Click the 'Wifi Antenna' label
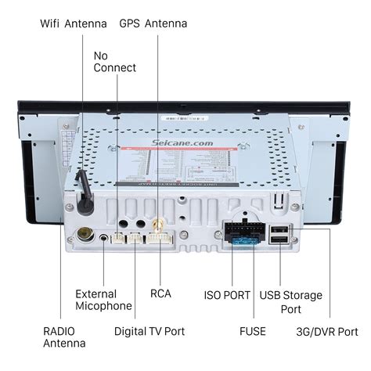[x=74, y=23]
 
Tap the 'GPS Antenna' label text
[x=153, y=23]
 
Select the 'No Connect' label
[x=114, y=62]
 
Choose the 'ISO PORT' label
[x=227, y=295]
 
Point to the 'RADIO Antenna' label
[x=65, y=337]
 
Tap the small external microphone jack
[x=104, y=238]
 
